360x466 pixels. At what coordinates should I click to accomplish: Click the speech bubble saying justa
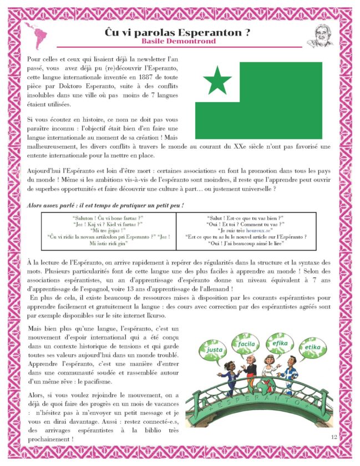214,351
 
